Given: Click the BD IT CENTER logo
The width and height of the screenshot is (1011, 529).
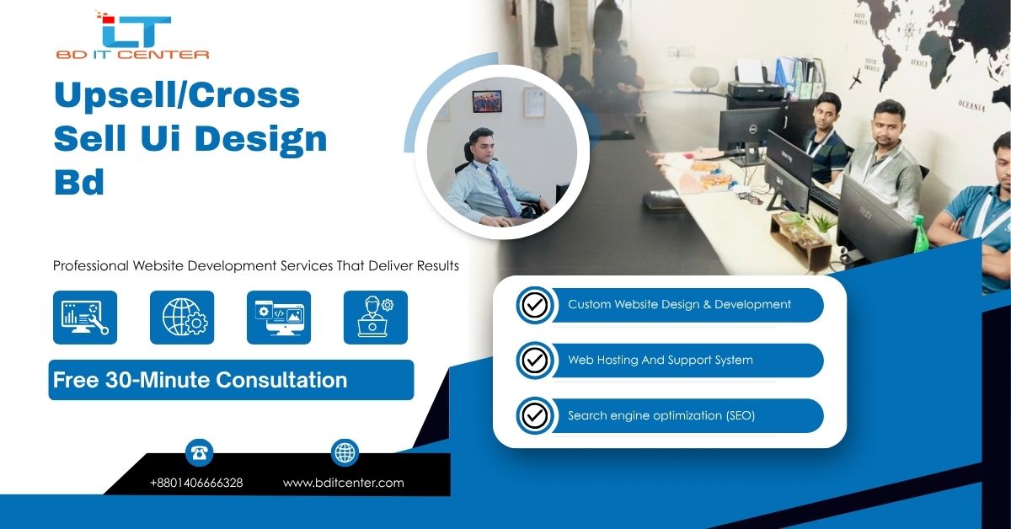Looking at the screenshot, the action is [132, 35].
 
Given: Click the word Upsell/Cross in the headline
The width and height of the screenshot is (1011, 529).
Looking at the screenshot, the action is [177, 96].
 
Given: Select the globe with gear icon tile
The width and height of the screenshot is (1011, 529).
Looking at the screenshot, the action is [182, 318].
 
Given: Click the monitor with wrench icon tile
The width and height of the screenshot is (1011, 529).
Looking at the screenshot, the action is [85, 318].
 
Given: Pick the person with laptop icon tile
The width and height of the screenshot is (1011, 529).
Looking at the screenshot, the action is [376, 318].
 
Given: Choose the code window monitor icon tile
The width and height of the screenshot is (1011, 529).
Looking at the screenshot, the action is [279, 318].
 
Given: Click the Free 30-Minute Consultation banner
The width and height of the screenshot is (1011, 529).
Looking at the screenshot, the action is [231, 380].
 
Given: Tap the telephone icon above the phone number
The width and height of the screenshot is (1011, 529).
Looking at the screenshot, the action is [199, 452].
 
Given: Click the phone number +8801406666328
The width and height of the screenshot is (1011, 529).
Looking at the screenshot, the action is [196, 483].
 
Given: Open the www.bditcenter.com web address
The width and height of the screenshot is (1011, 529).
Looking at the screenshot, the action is [344, 483].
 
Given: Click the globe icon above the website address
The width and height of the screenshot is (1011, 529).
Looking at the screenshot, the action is [345, 452].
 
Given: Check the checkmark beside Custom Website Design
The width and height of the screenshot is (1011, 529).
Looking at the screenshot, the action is [535, 305].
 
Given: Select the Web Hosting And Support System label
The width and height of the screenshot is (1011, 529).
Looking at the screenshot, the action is [661, 360].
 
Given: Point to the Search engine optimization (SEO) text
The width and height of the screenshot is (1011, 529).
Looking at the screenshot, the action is [661, 416].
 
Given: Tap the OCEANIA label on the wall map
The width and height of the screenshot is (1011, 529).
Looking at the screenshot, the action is [971, 106].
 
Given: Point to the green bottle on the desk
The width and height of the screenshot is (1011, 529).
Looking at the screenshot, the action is [920, 233].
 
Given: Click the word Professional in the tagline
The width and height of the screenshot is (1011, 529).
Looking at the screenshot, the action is [91, 265].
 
